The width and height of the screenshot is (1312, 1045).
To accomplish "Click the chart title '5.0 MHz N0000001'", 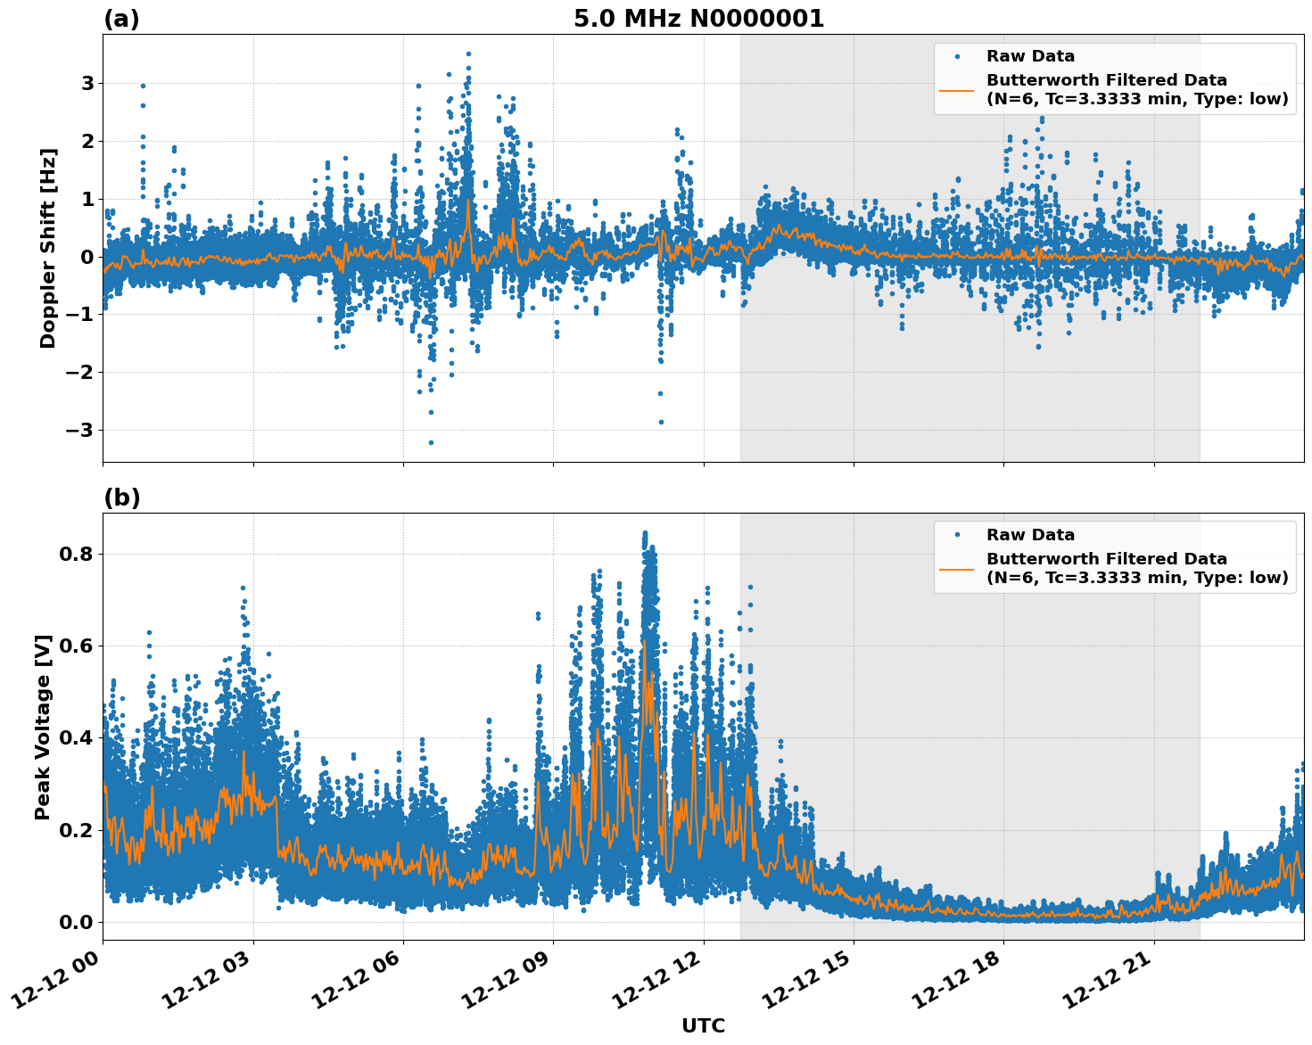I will (x=698, y=19).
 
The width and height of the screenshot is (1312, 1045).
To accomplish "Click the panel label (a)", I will (x=121, y=19).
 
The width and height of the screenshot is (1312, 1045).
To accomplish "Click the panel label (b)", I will (x=121, y=498).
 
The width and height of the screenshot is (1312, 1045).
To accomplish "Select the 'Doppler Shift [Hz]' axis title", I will (x=48, y=248).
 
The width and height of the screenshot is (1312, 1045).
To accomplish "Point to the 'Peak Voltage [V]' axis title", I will (x=43, y=727).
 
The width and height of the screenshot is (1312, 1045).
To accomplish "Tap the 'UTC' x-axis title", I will (x=703, y=1026).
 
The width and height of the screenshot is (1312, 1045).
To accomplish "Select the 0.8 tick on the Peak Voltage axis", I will (x=78, y=554).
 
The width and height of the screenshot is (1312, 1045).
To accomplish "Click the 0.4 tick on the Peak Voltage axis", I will (x=78, y=737).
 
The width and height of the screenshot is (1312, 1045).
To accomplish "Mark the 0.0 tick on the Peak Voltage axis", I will (x=78, y=922).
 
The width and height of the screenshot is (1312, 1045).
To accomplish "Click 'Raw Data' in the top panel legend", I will (x=1030, y=57).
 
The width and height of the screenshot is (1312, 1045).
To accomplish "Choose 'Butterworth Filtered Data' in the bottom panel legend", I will (x=1106, y=559).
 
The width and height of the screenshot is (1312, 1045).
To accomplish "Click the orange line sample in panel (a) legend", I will (x=957, y=89).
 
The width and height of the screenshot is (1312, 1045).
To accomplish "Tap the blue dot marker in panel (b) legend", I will (x=957, y=535).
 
